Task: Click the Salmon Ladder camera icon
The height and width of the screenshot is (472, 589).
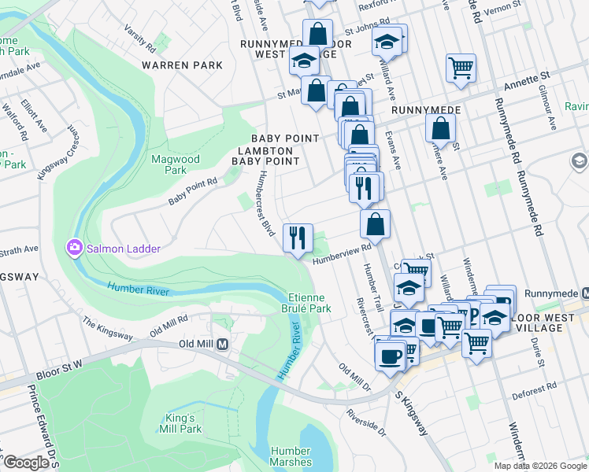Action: [x=75, y=248]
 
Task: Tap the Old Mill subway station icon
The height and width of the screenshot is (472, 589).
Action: [x=223, y=345]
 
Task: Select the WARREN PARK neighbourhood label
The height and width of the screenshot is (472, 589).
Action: [x=182, y=65]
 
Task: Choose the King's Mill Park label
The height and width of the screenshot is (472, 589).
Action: [x=183, y=423]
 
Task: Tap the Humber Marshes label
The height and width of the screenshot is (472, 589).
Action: [x=291, y=456]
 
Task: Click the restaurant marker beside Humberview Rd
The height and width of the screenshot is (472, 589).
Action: [x=298, y=238]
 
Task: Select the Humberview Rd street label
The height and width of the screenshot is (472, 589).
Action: [x=341, y=253]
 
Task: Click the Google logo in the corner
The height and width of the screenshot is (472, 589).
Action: [x=25, y=463]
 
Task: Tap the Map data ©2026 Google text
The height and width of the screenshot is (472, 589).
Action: [x=539, y=466]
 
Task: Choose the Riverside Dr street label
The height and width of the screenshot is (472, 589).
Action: [x=366, y=422]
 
